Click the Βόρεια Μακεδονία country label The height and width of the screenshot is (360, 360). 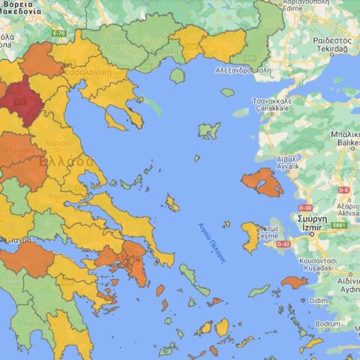click(21, 7)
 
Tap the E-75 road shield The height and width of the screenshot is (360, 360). click(58, 34)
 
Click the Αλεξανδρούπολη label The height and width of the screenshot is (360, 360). click(221, 69)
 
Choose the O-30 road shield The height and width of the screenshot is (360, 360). click(305, 208)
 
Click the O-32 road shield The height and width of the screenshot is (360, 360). click(283, 244)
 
